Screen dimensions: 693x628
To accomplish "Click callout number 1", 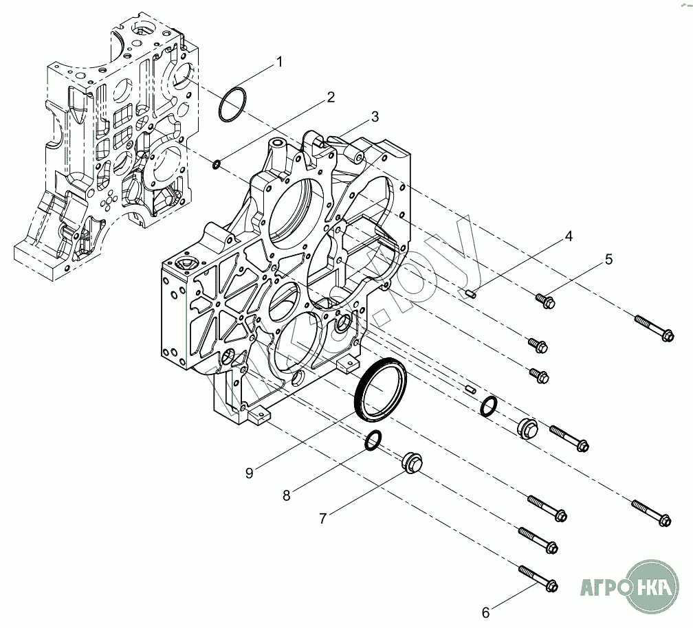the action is point(279,62).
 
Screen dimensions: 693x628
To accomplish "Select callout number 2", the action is point(331,97).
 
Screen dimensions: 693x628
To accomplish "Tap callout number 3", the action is point(374,117).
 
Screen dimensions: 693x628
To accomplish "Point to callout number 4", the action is point(569,237).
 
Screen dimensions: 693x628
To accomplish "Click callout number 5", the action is point(608,260).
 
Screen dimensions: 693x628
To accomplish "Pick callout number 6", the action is point(485,612).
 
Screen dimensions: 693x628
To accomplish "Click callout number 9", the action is point(249,473).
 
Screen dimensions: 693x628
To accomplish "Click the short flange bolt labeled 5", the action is point(545,300).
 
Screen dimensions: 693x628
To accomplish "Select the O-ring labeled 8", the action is point(373,440).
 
